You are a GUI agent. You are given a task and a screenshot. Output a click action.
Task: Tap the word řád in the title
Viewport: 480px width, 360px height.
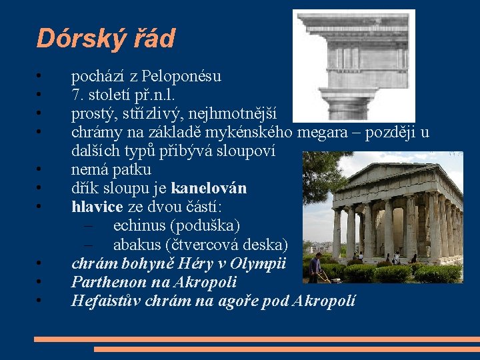[154, 38]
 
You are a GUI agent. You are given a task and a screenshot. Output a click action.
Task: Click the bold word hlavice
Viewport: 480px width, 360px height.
[97, 207]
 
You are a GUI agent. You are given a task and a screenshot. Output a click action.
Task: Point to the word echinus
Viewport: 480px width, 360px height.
[142, 226]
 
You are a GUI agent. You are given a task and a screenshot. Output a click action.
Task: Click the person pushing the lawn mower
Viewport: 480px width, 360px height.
[316, 267]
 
